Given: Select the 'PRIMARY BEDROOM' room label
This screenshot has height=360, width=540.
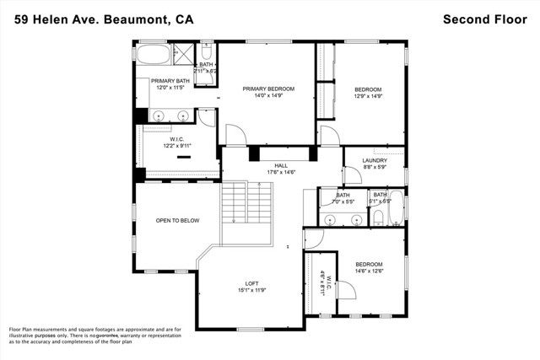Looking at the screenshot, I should pos(268,89).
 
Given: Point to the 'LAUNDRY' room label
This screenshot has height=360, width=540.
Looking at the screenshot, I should pos(375,160).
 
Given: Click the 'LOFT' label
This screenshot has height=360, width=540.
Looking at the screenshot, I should pos(251,283).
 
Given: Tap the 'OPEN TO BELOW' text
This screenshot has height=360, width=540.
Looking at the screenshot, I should pos(177,220).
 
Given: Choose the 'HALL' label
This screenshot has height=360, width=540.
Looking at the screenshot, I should pos(268,165).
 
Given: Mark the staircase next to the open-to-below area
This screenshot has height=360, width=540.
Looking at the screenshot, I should pos(248,207).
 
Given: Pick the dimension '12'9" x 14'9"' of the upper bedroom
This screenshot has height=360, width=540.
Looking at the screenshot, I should pos(368,96).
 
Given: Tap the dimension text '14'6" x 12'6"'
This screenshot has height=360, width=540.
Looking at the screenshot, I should pos(368,270).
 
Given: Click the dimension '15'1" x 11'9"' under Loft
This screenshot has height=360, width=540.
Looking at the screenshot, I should pos(251,291).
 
